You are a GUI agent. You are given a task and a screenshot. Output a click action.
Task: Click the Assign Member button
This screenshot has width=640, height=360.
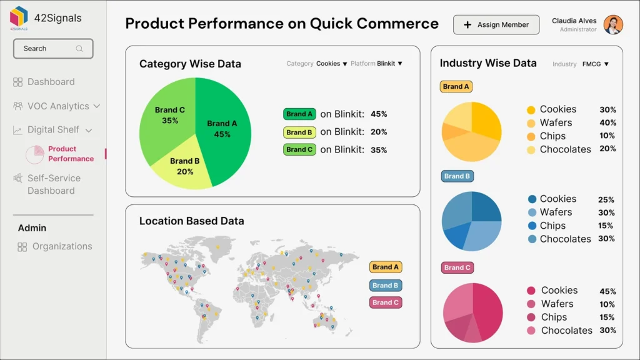click(x=496, y=25)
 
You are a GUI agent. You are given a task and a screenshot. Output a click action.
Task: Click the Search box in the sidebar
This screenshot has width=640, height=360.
click(x=53, y=49)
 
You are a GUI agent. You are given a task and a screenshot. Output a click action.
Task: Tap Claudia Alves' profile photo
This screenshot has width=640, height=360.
click(x=613, y=25)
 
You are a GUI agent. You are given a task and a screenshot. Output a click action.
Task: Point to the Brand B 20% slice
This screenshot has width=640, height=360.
click(x=184, y=166)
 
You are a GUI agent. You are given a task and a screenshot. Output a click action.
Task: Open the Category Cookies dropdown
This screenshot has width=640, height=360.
click(x=331, y=64)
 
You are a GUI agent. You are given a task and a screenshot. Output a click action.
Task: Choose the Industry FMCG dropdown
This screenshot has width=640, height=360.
click(x=595, y=64)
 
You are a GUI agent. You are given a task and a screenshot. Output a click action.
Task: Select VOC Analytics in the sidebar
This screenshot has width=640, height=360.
click(x=57, y=106)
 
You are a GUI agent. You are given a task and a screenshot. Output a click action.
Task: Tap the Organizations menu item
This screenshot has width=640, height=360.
click(x=61, y=247)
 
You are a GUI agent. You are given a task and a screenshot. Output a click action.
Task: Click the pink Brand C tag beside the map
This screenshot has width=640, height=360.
click(x=385, y=302)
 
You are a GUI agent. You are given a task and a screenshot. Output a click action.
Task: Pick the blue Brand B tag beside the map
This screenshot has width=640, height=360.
click(x=385, y=286)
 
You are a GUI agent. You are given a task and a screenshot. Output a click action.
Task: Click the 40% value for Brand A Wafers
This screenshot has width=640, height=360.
click(x=607, y=123)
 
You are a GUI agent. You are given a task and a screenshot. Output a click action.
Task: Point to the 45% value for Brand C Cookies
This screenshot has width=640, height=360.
click(x=607, y=291)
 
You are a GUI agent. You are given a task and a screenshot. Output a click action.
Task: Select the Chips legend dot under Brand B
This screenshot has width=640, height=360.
click(x=532, y=226)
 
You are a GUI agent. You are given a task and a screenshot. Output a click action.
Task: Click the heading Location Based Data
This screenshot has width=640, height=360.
click(x=191, y=221)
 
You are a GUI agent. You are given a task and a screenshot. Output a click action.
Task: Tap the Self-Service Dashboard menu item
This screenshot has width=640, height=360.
click(x=53, y=184)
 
